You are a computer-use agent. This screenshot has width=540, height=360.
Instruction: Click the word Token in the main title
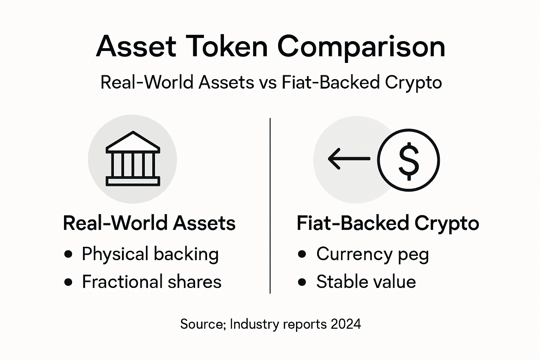(x=226, y=46)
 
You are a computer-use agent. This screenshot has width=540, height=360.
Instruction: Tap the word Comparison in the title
(x=361, y=47)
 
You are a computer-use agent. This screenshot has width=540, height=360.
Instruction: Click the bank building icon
(x=133, y=159)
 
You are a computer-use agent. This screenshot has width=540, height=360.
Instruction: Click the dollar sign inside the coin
(x=409, y=160)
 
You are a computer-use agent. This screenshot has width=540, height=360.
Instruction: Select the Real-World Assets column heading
(x=149, y=223)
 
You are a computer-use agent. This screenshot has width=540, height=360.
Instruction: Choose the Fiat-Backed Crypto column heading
(x=388, y=223)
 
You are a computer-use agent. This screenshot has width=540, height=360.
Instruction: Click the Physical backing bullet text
(x=150, y=254)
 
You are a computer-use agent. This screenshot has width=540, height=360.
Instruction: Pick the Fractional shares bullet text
(x=152, y=282)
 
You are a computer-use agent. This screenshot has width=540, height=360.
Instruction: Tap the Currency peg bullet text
(x=372, y=254)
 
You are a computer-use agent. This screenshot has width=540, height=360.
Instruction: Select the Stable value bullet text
(x=366, y=282)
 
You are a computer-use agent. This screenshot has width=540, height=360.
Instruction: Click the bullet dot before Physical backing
(x=69, y=254)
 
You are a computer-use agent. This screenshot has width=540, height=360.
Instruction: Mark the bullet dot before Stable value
(x=302, y=282)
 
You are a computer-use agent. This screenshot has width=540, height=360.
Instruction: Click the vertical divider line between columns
(x=270, y=206)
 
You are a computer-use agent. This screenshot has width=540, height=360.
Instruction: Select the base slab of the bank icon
(x=133, y=181)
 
